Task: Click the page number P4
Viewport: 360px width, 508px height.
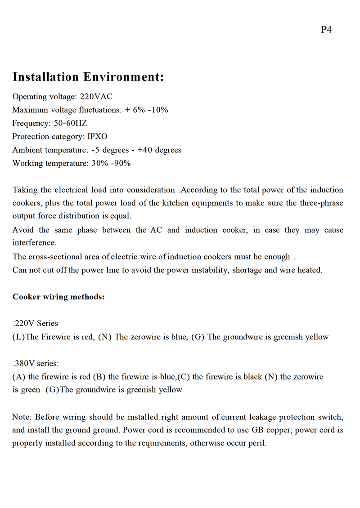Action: coord(326,30)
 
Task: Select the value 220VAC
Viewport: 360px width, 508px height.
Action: coord(96,97)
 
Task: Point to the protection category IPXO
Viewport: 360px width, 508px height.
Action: coord(97,136)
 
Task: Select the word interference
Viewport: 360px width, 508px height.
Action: coord(34,243)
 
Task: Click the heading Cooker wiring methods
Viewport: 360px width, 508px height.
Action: coord(58,297)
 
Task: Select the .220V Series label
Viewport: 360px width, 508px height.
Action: coord(36,323)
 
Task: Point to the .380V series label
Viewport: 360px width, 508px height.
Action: coord(36,363)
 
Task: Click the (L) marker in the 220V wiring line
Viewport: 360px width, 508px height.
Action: coord(19,337)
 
